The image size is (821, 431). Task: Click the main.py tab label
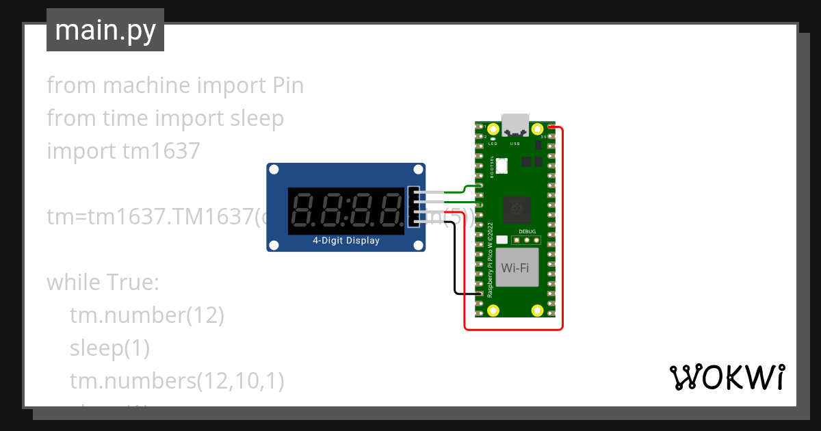coord(105,30)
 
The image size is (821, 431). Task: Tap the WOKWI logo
coord(726,378)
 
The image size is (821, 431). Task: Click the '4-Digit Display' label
coord(346,241)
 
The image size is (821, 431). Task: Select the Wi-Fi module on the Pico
coord(515,268)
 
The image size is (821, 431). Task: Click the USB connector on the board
coord(514,125)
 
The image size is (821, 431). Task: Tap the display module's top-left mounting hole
coord(273,170)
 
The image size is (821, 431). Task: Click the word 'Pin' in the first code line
coord(283,86)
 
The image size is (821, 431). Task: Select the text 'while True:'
coord(102,282)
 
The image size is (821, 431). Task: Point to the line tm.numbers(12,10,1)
coord(176,380)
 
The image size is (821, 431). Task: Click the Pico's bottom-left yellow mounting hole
coord(493,311)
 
